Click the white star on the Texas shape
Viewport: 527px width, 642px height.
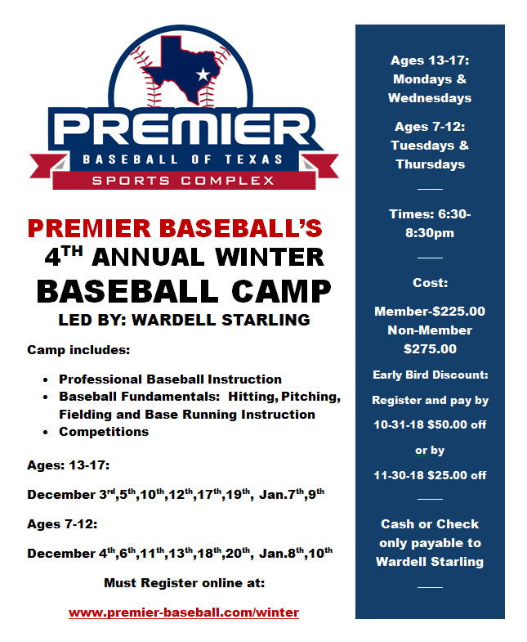[203, 74]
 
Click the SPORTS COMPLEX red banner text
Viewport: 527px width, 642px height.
[183, 181]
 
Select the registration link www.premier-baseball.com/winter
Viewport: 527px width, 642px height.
[184, 613]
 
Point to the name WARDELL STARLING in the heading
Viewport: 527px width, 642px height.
[221, 320]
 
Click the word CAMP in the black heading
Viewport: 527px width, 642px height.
[281, 291]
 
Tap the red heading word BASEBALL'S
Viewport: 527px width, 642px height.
[240, 228]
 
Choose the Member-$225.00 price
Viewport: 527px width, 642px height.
[430, 311]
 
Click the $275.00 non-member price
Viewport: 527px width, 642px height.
[430, 349]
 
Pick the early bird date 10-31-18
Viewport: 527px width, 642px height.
[399, 424]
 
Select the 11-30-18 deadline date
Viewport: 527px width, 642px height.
[399, 475]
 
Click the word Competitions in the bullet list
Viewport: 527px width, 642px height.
[104, 432]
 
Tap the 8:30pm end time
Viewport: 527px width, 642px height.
[430, 233]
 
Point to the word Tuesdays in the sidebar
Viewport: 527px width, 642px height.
[422, 146]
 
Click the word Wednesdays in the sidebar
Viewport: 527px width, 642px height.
[430, 98]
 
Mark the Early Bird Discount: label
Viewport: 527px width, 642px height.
[430, 375]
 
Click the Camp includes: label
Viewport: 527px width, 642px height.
[78, 350]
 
